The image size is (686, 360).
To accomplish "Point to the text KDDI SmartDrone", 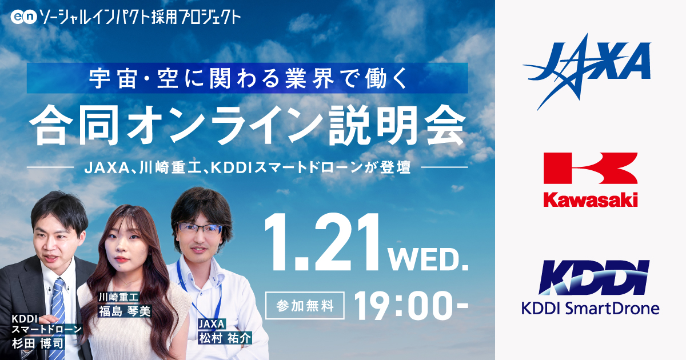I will [590, 309].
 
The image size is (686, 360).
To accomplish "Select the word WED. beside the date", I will [429, 258].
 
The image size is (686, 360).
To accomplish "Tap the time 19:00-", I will [410, 307].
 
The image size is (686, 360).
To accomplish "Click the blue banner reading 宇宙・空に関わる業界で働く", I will [247, 78].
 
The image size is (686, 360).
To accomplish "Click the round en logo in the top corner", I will [23, 17].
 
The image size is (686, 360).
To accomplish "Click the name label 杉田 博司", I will [38, 343].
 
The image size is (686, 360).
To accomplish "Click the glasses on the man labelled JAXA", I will [201, 227].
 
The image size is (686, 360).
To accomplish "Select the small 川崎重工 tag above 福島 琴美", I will [116, 297].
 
